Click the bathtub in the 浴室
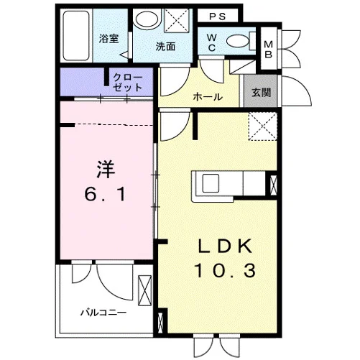pos(76,35)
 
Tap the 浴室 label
pos(109,39)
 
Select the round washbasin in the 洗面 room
pos(146,19)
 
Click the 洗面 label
pos(165,47)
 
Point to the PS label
pos(218,17)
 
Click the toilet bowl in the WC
pos(238,42)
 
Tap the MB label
pos(269,50)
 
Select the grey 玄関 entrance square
pos(261,91)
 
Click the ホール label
pos(208,97)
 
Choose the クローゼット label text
pos(127,82)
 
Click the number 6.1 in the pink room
pos(106,194)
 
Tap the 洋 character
pos(106,170)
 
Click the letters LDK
pos(225,246)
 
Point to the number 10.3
pos(225,271)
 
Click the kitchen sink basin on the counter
pos(211,183)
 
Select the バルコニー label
pos(103,313)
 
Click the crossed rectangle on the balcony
pos(145,290)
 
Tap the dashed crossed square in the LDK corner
pos(263,126)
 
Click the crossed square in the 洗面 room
pos(177,20)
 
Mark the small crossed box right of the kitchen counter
pos(273,185)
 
